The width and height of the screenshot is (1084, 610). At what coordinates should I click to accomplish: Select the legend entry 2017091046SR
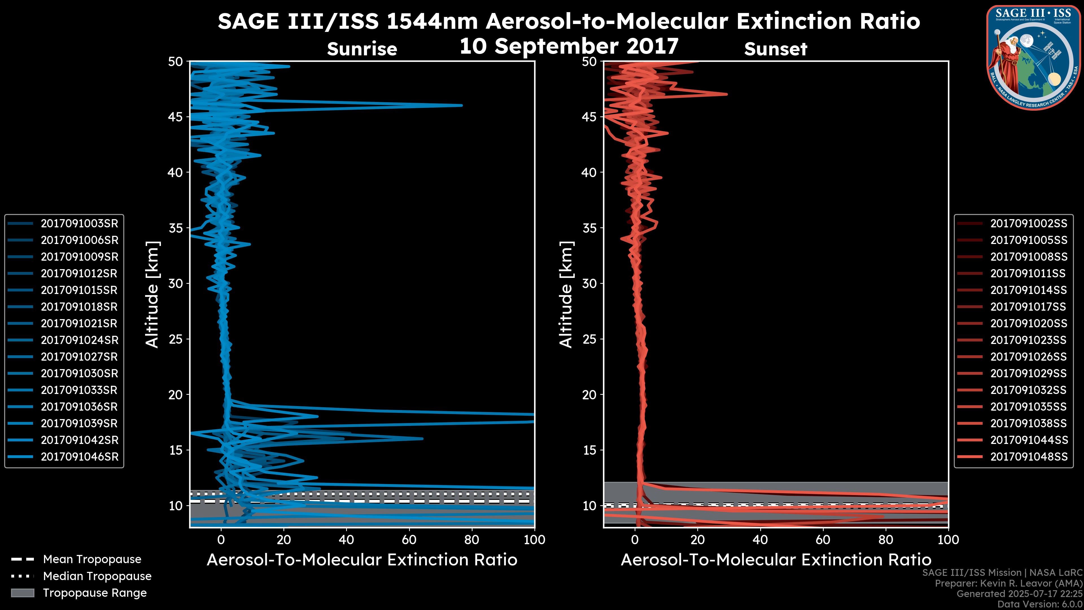(79, 457)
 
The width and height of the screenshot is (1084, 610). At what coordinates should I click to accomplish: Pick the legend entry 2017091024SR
(79, 340)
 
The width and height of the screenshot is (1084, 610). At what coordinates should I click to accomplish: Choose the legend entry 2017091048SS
(1028, 457)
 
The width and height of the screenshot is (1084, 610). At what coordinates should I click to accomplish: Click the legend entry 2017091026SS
(1028, 357)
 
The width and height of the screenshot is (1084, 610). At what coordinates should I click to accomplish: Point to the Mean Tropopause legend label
(92, 559)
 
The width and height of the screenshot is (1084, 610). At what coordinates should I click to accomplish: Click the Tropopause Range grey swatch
(23, 593)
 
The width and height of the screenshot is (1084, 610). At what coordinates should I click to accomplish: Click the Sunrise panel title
(362, 49)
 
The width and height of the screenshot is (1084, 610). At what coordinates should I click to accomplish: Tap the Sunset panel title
(775, 49)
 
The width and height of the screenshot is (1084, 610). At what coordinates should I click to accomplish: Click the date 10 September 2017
(569, 46)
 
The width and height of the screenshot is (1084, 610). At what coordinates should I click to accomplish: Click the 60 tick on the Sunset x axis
(823, 540)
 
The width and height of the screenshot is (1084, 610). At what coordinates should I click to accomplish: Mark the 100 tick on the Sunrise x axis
(534, 540)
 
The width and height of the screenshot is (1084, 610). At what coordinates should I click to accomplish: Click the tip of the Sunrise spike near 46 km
(462, 105)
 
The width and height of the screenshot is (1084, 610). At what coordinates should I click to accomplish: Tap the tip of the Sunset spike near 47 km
(727, 94)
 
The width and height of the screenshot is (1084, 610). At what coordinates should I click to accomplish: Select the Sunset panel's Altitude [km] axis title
(566, 295)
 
